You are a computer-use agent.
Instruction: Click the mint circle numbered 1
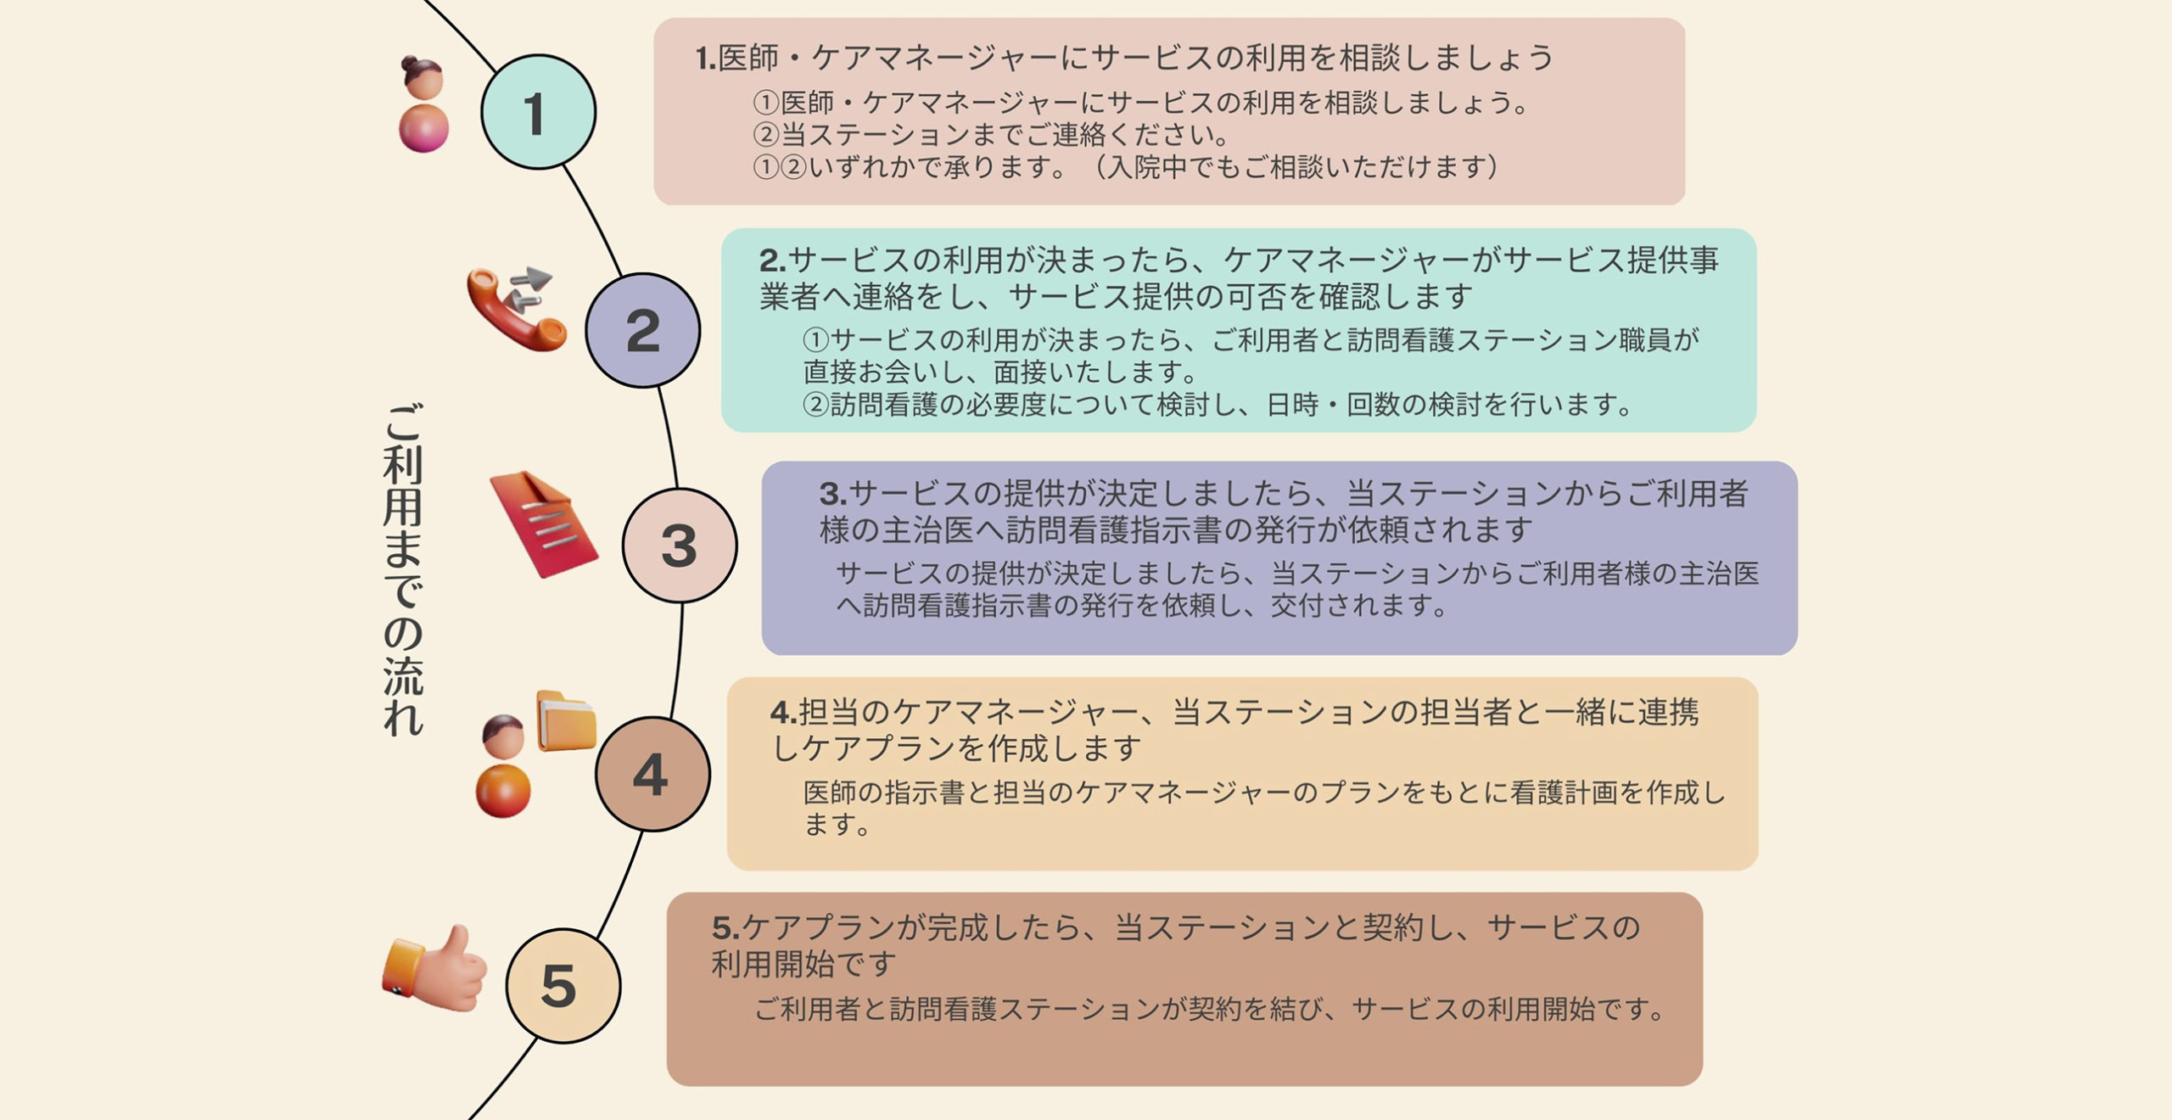click(538, 112)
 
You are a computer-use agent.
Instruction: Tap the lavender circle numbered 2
click(643, 330)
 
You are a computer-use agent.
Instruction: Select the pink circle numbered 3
click(680, 546)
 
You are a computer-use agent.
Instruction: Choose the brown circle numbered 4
click(652, 774)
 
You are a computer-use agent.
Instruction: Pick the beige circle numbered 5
click(563, 986)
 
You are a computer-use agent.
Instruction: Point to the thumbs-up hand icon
click(436, 970)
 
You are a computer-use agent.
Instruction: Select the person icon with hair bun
click(423, 104)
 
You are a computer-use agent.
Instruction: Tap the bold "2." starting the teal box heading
click(772, 260)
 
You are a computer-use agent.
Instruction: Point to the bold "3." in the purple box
click(832, 493)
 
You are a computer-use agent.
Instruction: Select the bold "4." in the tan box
click(783, 712)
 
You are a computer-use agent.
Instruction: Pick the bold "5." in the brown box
click(725, 928)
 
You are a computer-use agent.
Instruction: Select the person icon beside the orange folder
click(503, 767)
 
